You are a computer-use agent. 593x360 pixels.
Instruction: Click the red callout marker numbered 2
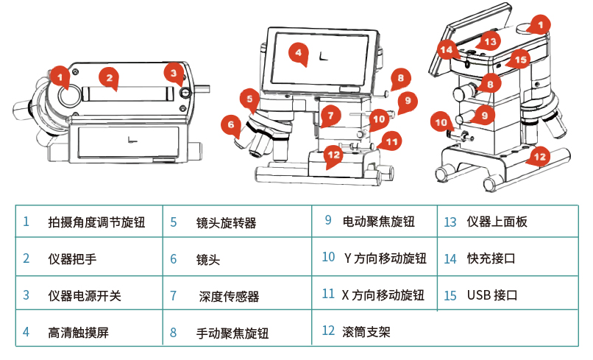(110, 78)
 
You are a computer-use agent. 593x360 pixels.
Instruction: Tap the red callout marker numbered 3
(174, 74)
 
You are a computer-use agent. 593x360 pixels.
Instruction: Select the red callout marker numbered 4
(299, 53)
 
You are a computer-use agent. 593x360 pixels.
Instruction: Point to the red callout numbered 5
(249, 99)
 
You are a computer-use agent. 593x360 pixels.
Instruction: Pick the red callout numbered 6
(231, 125)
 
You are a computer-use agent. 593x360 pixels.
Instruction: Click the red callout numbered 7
(330, 115)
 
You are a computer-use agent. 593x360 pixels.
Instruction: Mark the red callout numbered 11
(391, 142)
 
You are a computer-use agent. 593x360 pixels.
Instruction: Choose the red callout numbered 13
(490, 41)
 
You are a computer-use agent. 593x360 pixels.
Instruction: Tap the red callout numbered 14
(447, 49)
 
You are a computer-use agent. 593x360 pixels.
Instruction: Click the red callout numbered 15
(520, 60)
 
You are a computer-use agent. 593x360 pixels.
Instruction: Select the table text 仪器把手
(72, 259)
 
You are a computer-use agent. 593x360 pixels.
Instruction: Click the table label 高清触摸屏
(78, 332)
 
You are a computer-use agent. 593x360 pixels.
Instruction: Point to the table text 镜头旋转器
(226, 222)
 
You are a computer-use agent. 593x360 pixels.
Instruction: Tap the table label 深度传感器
(230, 296)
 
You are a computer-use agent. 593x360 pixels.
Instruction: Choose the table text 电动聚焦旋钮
(379, 222)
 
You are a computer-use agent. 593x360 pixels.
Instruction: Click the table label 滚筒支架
(366, 332)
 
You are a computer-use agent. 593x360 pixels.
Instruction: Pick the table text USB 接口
(492, 295)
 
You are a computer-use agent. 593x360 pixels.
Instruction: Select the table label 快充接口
(491, 258)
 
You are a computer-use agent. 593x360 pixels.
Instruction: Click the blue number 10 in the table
(328, 257)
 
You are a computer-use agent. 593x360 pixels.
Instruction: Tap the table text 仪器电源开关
(85, 296)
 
